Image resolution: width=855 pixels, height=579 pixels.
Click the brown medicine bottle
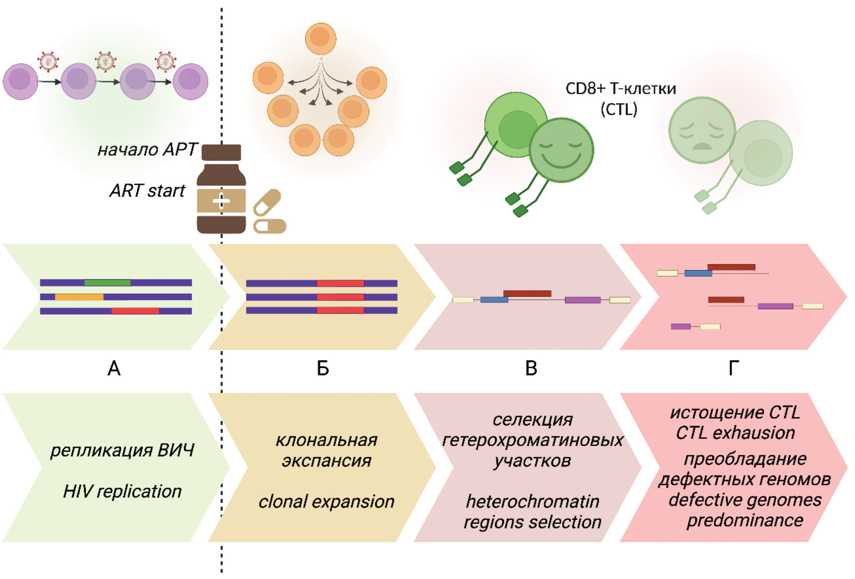pos(221,192)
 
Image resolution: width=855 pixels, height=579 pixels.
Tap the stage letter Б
pos(323,369)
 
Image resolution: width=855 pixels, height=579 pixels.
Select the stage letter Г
pos(734,369)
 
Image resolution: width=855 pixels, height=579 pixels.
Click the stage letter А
pos(114,369)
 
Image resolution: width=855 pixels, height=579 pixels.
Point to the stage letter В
pos(531,369)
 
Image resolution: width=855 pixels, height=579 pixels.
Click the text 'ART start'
pos(147,191)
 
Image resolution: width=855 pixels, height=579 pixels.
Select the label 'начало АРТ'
pos(147,149)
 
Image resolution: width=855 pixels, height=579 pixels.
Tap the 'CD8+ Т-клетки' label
pos(620,89)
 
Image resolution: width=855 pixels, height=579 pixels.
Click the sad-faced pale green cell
pos(701,130)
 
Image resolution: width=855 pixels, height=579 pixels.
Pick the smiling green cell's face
pos(561,150)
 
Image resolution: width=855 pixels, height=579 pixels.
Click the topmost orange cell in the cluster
pos(320,38)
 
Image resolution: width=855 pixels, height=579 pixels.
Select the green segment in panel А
pos(107,282)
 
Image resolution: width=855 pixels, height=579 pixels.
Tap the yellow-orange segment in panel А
pos(79,297)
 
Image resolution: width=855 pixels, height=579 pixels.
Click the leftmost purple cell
pos(20,81)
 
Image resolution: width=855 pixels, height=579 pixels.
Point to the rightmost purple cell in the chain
pos(190,81)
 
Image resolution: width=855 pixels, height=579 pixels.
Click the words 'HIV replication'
pos(122,491)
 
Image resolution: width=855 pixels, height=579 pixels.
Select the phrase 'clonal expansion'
pos(326,502)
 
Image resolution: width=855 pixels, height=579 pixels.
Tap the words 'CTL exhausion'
pos(735,433)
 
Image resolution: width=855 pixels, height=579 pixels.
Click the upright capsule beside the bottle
pos(267,202)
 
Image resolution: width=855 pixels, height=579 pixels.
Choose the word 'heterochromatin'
pos(532,502)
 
